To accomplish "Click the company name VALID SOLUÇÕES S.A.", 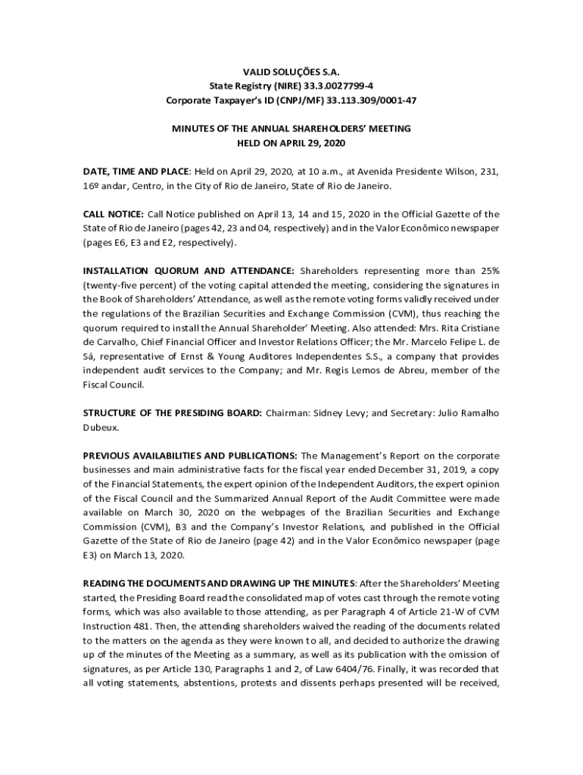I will click(x=291, y=72).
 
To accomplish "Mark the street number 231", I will click(x=489, y=172).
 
